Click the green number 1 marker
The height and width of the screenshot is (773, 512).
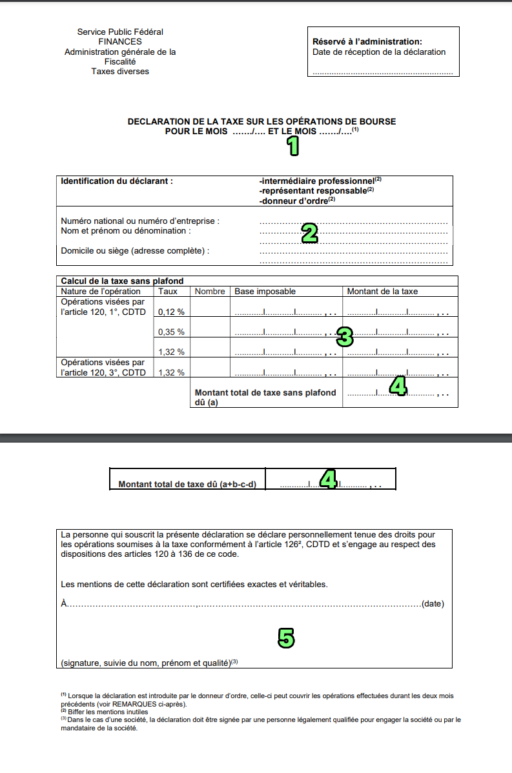tap(293, 146)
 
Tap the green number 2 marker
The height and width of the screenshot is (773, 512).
tap(310, 233)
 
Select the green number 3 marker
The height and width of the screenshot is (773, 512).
tap(345, 337)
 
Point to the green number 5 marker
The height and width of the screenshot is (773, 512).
tap(286, 637)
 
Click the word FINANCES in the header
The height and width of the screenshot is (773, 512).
tap(120, 41)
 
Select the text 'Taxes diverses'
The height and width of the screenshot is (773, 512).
tap(120, 72)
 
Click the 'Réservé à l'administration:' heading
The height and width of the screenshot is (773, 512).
tap(367, 42)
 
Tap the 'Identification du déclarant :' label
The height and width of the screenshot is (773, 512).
tap(117, 181)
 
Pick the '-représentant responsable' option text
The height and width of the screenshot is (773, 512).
tap(312, 191)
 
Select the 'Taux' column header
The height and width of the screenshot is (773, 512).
tap(168, 291)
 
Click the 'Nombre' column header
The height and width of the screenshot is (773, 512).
tap(209, 291)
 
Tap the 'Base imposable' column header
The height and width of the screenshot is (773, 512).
tap(265, 291)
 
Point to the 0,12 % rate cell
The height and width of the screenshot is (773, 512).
tap(171, 312)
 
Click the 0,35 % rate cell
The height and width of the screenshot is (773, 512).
tap(171, 332)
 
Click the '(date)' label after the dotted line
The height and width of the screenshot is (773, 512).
tap(432, 604)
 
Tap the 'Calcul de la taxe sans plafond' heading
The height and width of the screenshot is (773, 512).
tap(122, 281)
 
